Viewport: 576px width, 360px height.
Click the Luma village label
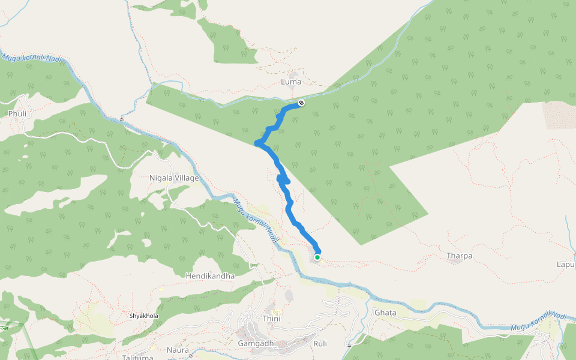pos(291,82)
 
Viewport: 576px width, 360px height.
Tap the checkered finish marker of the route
pos(301,103)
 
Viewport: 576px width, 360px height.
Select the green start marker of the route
pos(317,257)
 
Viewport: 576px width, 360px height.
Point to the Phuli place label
pos(16,113)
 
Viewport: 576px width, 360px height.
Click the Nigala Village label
pos(173,178)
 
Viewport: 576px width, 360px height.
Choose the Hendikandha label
pos(210,275)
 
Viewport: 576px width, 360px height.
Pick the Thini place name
pos(271,319)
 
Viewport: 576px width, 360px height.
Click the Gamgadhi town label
pos(256,343)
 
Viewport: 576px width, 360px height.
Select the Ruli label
pos(320,344)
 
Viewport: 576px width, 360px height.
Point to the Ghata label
pos(385,313)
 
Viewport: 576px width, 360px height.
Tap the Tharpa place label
pos(460,256)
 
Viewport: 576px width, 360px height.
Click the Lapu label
pos(566,264)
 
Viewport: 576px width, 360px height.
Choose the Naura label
pos(178,350)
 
